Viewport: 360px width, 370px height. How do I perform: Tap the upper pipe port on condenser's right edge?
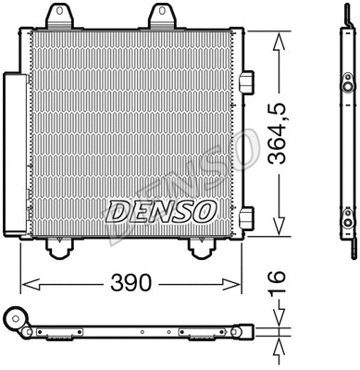click(x=246, y=82)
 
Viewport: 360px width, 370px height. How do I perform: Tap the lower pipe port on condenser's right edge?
click(x=246, y=217)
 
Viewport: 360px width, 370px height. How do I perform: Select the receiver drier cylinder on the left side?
click(x=15, y=157)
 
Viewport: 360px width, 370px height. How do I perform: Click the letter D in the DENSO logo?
click(x=117, y=212)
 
